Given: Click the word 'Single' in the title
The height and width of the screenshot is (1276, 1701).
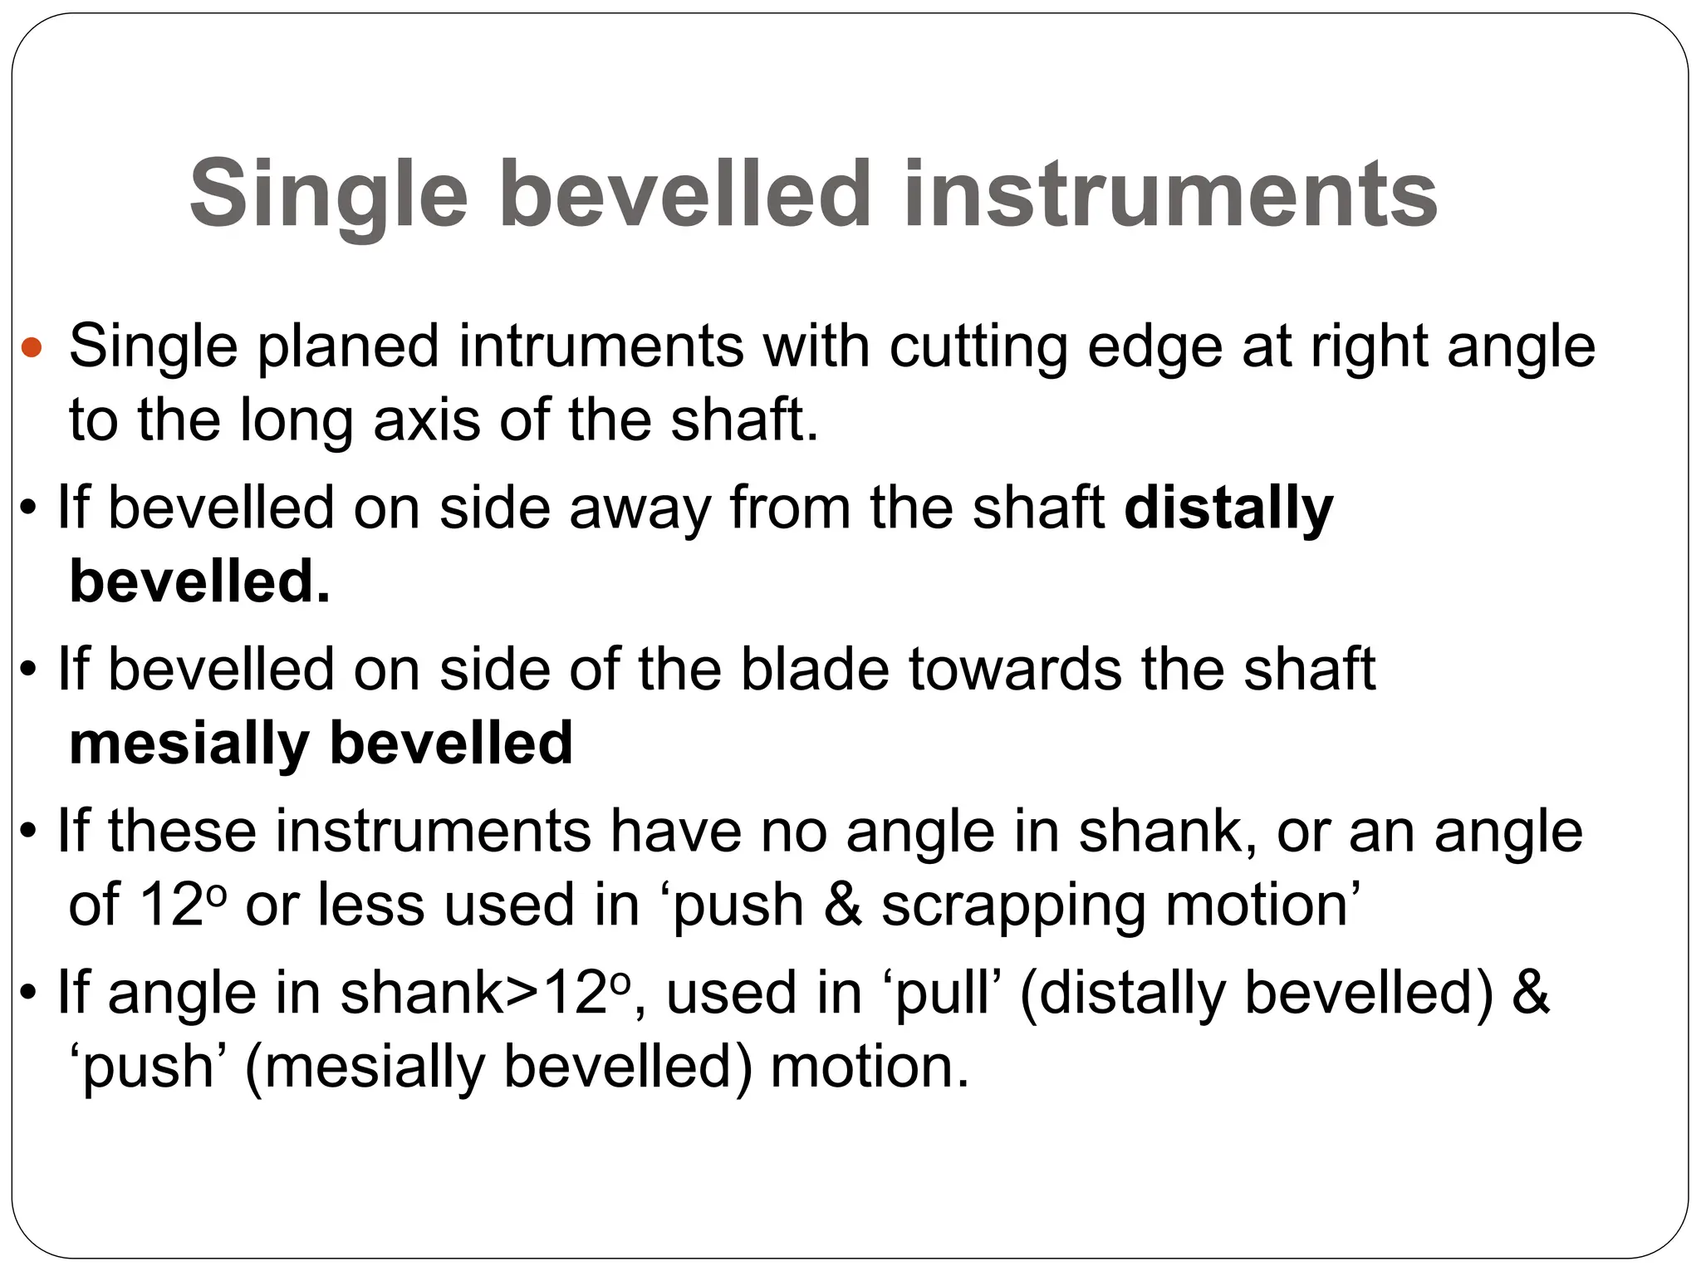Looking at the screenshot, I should [x=329, y=196].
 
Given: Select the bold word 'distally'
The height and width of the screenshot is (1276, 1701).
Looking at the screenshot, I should [x=1228, y=508].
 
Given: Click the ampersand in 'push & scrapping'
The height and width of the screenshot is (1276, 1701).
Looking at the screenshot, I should [x=842, y=905].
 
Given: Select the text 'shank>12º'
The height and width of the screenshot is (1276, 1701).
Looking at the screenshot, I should [x=486, y=994].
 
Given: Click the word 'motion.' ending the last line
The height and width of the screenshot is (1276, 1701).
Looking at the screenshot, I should [x=870, y=1067].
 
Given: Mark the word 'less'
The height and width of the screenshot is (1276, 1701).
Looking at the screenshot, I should [x=370, y=905].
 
